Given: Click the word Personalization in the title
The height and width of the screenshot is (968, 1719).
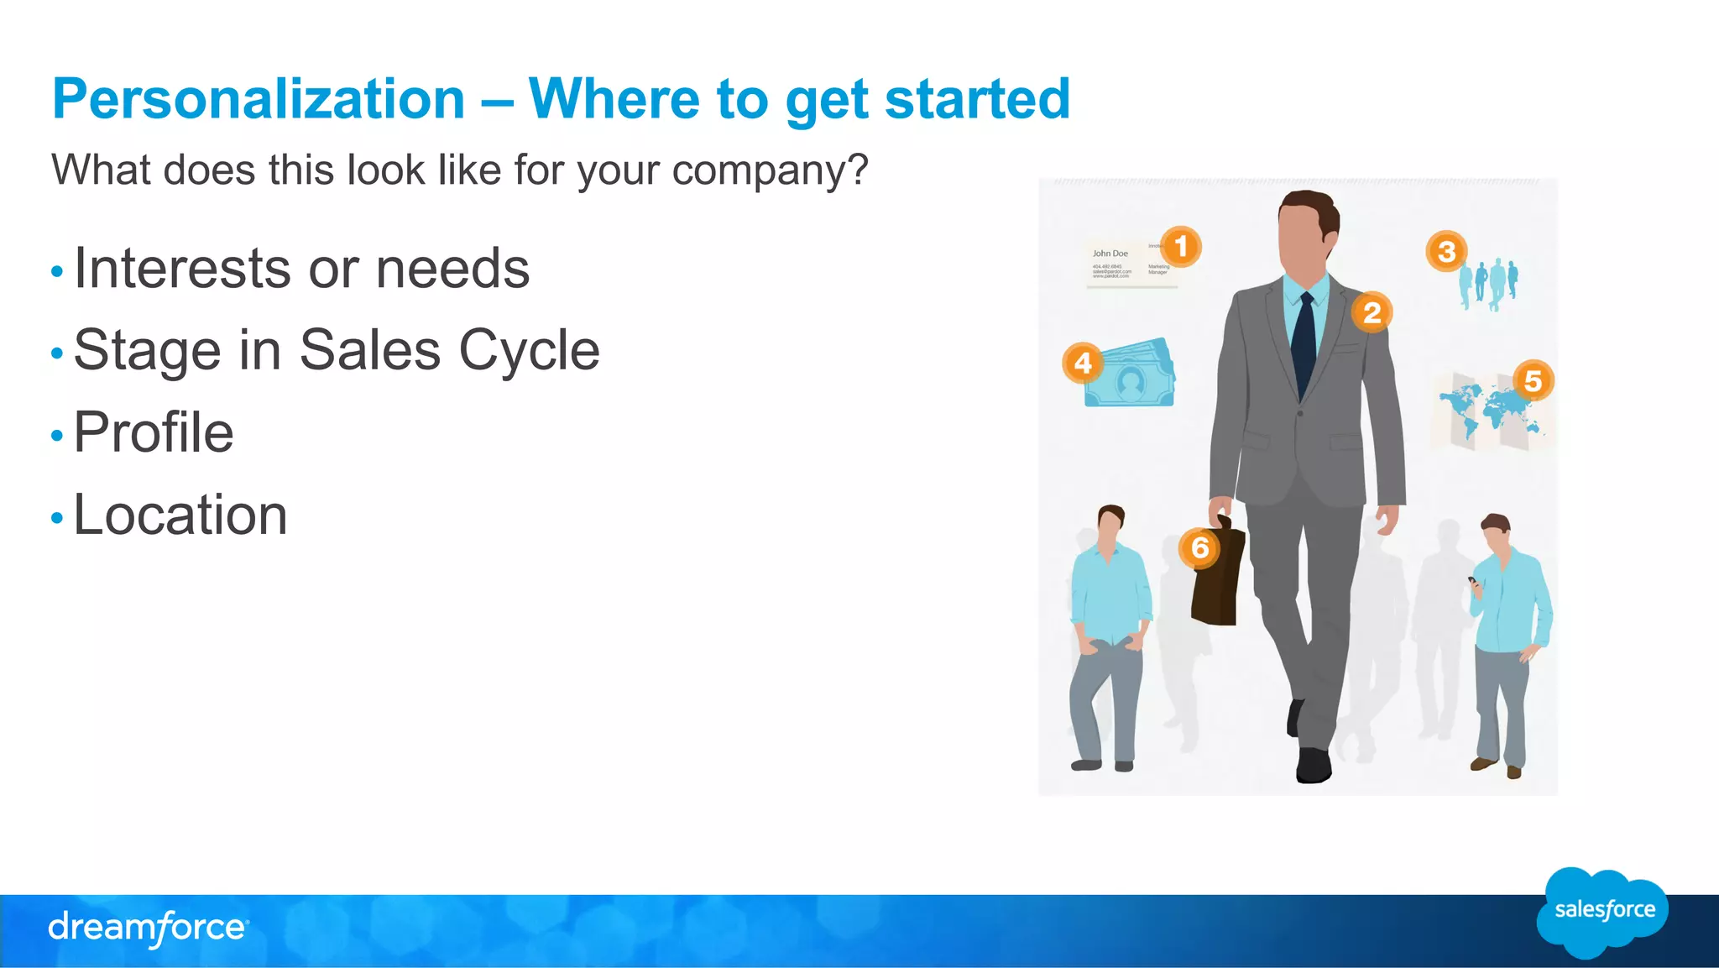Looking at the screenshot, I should [259, 99].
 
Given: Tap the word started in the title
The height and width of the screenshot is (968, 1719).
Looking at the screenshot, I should [977, 99].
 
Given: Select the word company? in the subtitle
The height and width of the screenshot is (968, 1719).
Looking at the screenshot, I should [770, 170].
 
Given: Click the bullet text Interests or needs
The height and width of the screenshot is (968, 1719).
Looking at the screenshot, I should [301, 269].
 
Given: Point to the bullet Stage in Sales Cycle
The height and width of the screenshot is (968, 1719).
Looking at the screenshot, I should [337, 350].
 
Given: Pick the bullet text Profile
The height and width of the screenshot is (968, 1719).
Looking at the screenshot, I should [154, 432].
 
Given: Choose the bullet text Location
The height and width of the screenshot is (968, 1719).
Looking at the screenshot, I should [180, 515].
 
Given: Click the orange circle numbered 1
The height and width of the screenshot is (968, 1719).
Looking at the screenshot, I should [1181, 247].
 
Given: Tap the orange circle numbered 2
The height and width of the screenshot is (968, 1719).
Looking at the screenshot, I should [1372, 312].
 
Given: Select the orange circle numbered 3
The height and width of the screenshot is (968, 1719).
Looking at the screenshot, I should [1446, 251].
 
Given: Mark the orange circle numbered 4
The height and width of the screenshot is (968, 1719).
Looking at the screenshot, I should [1083, 363].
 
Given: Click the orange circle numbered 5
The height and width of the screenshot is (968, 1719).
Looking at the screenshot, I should [1533, 381].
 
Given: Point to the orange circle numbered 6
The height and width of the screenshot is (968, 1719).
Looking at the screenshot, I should [1200, 547].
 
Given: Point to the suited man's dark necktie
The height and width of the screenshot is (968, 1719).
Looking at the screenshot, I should [1304, 344].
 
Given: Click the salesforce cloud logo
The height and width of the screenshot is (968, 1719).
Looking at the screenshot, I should [1604, 911].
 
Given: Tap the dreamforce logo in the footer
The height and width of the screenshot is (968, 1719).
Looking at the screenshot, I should [148, 928].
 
